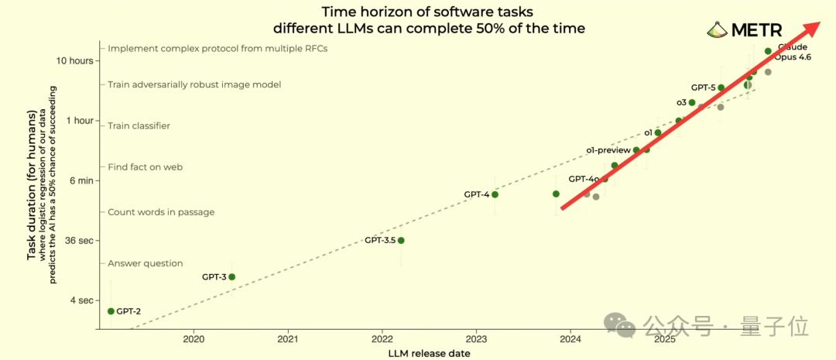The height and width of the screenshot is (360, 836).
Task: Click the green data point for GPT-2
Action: point(111,311)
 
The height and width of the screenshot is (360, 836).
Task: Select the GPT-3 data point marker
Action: point(232,277)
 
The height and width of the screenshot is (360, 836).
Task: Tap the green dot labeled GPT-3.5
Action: point(401,241)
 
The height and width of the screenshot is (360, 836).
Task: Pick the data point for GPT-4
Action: point(495,194)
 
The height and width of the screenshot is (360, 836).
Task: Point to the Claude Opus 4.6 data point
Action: point(768,51)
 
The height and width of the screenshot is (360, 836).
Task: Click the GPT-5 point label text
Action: point(703,87)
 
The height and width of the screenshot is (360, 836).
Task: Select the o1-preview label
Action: point(608,150)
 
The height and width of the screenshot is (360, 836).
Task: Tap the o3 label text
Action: point(681,102)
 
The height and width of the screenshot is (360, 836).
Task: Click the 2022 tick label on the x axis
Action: point(382,339)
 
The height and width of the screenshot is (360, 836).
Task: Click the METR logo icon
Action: point(718,30)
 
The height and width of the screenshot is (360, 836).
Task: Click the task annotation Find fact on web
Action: point(146,167)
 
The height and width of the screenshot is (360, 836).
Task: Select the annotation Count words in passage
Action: point(161,212)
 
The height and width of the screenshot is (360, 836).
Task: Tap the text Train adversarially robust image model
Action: point(194,85)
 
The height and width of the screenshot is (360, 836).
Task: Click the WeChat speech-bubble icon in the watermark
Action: point(619,326)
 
